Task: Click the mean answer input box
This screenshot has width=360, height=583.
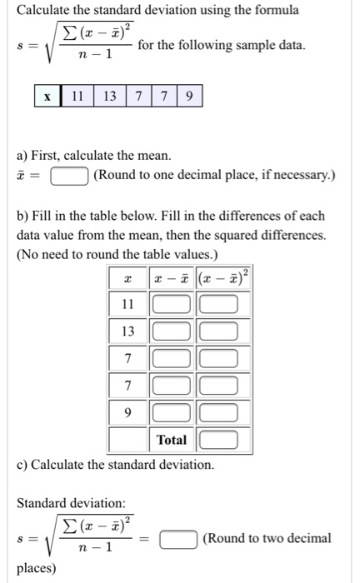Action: pyautogui.click(x=70, y=176)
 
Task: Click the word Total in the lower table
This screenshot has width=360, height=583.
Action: pyautogui.click(x=171, y=439)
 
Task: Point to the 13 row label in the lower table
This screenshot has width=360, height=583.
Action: pyautogui.click(x=127, y=331)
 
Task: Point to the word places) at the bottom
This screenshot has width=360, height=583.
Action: pyautogui.click(x=37, y=568)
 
